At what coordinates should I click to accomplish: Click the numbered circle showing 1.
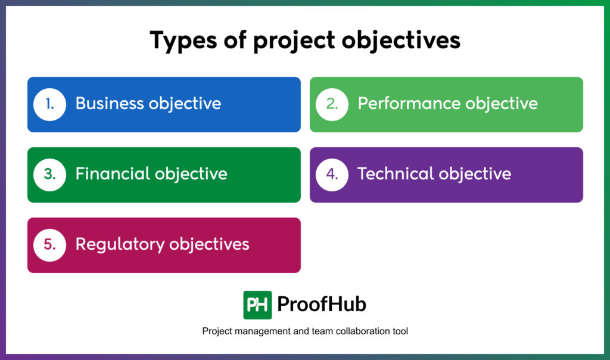(49, 104)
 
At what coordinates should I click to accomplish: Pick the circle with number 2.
(332, 104)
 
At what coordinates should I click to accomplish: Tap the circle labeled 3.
(49, 175)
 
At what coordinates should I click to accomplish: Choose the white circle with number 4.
(332, 175)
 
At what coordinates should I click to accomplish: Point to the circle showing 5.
(49, 245)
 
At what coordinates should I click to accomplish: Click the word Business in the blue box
(110, 104)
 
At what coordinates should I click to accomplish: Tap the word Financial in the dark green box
(113, 174)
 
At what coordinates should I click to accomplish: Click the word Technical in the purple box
(396, 174)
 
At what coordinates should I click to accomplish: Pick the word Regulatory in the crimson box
(119, 244)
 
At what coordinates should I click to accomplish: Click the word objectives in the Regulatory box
(209, 244)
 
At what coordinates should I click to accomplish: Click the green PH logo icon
(257, 305)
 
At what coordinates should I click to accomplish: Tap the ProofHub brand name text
(322, 305)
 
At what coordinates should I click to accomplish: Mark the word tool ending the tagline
(399, 331)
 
